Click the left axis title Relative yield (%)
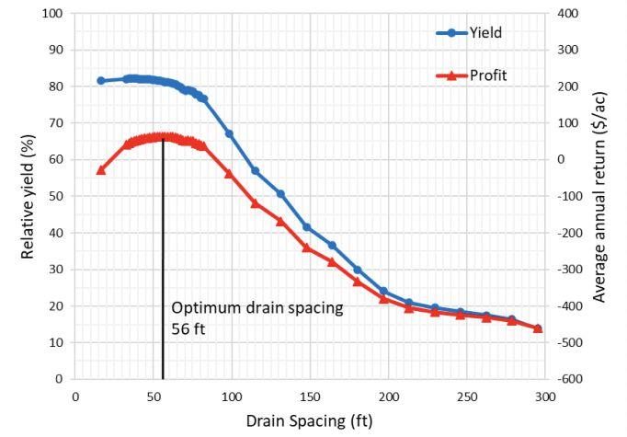[28, 196]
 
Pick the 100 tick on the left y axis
[51, 14]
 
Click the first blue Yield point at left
[101, 81]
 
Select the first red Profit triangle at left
[101, 170]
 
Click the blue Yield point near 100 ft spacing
[229, 133]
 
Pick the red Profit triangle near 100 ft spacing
[229, 174]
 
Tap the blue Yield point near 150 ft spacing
[307, 227]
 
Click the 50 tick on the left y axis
[55, 196]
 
